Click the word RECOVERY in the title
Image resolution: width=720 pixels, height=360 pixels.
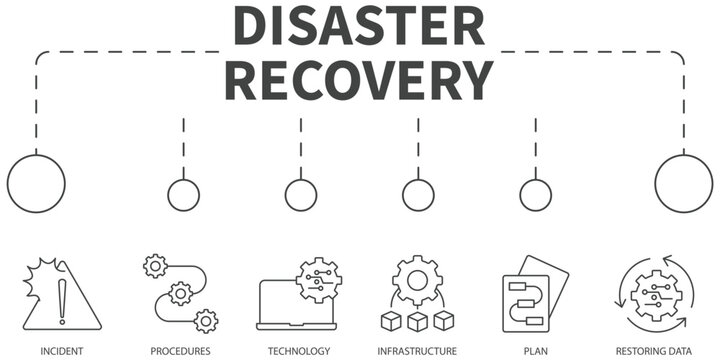(361, 78)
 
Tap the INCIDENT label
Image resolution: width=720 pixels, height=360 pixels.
(62, 351)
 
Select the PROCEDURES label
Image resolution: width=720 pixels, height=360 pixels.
(180, 351)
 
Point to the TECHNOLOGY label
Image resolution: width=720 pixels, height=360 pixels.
(299, 351)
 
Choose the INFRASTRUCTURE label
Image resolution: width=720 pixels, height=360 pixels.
(417, 351)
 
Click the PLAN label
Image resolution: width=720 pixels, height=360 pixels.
(535, 351)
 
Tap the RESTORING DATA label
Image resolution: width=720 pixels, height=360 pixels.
(655, 351)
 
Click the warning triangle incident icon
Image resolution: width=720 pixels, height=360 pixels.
(62, 295)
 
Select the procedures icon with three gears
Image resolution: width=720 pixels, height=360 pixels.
(181, 293)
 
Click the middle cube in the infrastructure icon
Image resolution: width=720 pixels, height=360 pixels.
(418, 320)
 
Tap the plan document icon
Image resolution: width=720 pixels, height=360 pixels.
(533, 295)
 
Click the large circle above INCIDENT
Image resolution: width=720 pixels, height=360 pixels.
(36, 184)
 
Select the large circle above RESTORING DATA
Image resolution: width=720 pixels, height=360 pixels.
(684, 184)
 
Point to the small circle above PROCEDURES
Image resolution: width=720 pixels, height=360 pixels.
(183, 195)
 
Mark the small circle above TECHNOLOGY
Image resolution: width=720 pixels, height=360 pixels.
(300, 195)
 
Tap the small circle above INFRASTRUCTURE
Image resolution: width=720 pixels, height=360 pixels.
(418, 195)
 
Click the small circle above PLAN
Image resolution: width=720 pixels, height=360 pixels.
(535, 195)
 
